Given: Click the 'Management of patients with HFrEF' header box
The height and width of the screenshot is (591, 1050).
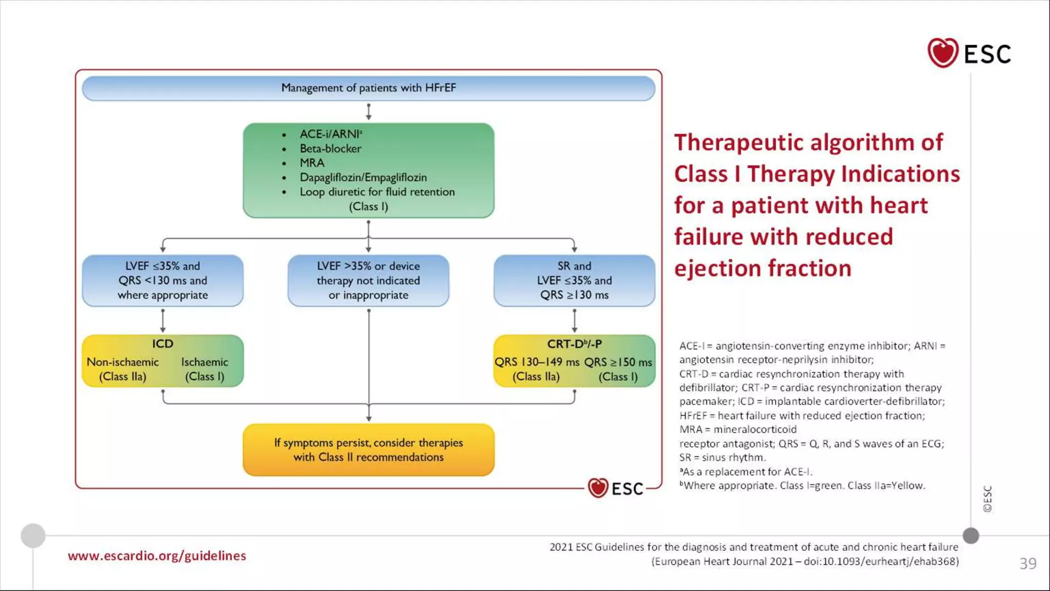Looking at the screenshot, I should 368,88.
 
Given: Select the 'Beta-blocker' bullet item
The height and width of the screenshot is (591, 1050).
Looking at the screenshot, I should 330,149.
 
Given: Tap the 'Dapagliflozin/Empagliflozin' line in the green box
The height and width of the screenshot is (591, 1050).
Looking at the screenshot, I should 363,178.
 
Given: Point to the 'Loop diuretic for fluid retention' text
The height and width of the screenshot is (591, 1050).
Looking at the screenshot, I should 377,192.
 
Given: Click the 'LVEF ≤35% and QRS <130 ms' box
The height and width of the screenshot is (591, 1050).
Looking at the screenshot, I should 163,281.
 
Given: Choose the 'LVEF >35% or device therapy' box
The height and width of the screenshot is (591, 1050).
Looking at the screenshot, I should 368,281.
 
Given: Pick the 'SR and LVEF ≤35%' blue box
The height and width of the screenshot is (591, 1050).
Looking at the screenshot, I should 574,281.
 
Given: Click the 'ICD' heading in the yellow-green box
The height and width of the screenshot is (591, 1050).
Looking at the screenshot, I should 163,344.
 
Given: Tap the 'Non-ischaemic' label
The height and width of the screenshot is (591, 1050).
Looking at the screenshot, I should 123,362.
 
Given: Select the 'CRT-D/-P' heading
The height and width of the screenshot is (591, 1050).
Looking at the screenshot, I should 574,344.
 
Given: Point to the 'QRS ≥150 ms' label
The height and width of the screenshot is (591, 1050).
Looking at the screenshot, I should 618,362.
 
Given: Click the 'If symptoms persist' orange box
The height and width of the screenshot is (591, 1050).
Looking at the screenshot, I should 368,450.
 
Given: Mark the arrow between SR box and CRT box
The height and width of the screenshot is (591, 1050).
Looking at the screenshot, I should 574,321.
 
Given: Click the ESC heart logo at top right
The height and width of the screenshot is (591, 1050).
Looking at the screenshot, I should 942,53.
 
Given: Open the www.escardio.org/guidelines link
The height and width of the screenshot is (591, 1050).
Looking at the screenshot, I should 157,556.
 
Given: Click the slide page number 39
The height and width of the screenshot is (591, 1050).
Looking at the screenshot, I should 1027,563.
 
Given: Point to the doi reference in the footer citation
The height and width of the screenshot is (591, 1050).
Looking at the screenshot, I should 881,561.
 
